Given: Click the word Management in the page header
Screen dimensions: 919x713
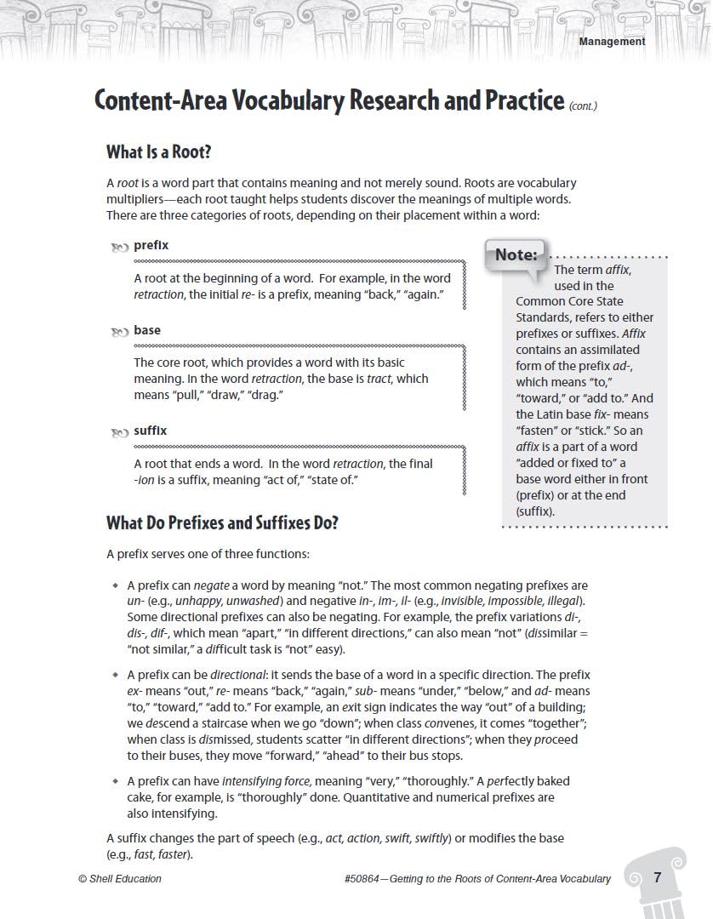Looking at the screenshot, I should (x=612, y=41).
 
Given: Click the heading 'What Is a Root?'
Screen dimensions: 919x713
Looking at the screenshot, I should (x=158, y=152).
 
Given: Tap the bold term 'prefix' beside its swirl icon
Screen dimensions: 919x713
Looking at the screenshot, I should (x=151, y=245).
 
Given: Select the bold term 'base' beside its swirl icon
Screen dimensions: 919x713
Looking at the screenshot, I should (x=147, y=330).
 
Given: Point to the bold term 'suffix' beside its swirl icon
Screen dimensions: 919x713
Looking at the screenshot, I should (x=151, y=431).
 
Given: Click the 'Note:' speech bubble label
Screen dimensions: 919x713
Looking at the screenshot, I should (x=516, y=254).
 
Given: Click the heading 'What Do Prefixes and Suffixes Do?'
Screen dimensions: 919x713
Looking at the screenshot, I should (x=222, y=522).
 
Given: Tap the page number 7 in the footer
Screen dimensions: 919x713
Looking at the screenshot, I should (x=658, y=877).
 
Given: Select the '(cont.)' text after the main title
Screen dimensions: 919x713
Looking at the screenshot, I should (x=584, y=106).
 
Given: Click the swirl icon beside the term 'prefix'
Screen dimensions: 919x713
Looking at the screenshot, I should (x=119, y=248).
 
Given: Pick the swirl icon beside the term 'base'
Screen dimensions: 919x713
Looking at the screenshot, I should (x=119, y=333).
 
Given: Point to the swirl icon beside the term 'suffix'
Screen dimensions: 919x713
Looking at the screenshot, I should (x=119, y=433).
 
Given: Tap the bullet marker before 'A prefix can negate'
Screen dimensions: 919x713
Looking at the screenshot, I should (x=115, y=586).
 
